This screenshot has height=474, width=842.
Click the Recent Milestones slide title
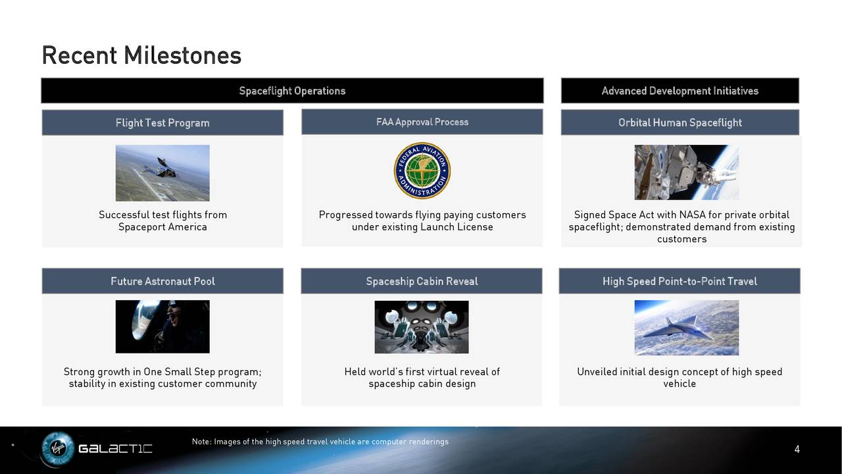pyautogui.click(x=141, y=56)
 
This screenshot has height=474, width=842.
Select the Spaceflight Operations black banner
pyautogui.click(x=292, y=91)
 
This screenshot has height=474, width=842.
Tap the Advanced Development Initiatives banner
pyautogui.click(x=680, y=91)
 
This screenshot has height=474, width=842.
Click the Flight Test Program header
pyautogui.click(x=162, y=122)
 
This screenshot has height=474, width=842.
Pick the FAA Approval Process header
pyautogui.click(x=422, y=122)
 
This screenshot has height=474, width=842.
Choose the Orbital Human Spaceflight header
pyautogui.click(x=680, y=122)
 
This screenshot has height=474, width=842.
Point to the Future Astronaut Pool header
pyautogui.click(x=162, y=281)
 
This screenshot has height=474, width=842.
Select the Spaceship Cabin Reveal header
pyautogui.click(x=422, y=281)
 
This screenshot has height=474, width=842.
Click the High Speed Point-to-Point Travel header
pyautogui.click(x=680, y=281)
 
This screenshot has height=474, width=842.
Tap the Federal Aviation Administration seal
pyautogui.click(x=422, y=171)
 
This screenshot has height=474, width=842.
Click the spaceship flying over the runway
pyautogui.click(x=162, y=168)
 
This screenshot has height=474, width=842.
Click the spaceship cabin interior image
pyautogui.click(x=422, y=327)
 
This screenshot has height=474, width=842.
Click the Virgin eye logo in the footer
pyautogui.click(x=58, y=448)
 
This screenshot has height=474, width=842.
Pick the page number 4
pyautogui.click(x=797, y=449)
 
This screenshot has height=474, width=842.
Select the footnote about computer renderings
pyautogui.click(x=320, y=442)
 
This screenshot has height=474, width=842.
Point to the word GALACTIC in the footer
pyautogui.click(x=115, y=448)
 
